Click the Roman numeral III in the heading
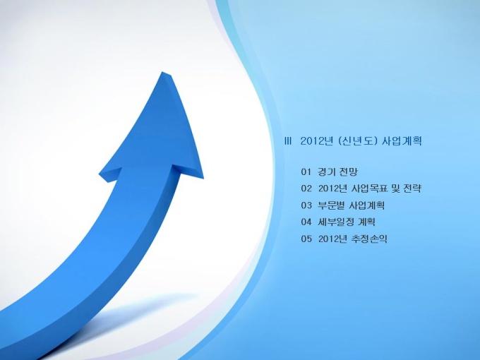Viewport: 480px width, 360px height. pyautogui.click(x=288, y=141)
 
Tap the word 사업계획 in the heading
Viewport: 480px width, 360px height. pyautogui.click(x=402, y=141)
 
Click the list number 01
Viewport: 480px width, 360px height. pyautogui.click(x=306, y=172)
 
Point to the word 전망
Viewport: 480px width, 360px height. pyautogui.click(x=349, y=172)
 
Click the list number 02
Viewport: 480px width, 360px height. pyautogui.click(x=306, y=188)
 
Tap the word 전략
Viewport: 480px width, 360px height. pyautogui.click(x=412, y=188)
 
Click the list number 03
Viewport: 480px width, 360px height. pyautogui.click(x=306, y=205)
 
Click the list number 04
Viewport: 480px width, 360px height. pyautogui.click(x=306, y=222)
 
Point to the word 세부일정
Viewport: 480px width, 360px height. pyautogui.click(x=336, y=222)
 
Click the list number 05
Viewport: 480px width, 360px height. pyautogui.click(x=306, y=239)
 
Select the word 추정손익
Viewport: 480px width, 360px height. pyautogui.click(x=370, y=239)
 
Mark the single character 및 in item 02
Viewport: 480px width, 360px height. pyautogui.click(x=396, y=188)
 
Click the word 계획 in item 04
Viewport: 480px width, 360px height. pyautogui.click(x=366, y=222)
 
